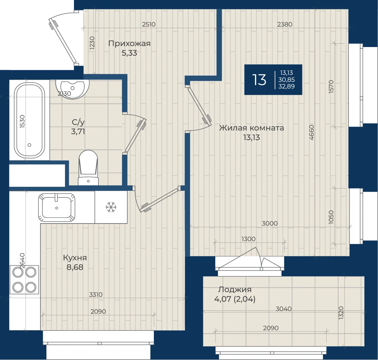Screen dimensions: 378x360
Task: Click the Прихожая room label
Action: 129,44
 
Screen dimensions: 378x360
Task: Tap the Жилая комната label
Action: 251,128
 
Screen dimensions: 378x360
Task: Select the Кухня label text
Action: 75,258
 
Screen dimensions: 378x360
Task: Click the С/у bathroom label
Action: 78,122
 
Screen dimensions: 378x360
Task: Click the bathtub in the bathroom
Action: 30,121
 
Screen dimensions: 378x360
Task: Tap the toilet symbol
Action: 89,168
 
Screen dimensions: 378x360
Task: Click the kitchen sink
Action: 57,207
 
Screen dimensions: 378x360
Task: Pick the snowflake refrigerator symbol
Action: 111,207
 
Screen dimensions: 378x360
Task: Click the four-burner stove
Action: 24,280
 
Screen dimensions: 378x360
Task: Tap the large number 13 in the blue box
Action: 259,80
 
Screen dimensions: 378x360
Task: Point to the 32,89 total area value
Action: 286,86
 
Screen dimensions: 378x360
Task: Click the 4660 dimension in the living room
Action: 311,132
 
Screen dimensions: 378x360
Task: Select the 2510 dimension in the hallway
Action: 149,24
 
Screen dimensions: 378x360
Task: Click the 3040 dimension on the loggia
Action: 283,309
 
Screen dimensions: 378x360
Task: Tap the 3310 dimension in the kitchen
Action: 96,294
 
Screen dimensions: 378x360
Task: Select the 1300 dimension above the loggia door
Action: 248,239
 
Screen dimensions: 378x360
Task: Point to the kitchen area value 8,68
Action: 75,267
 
